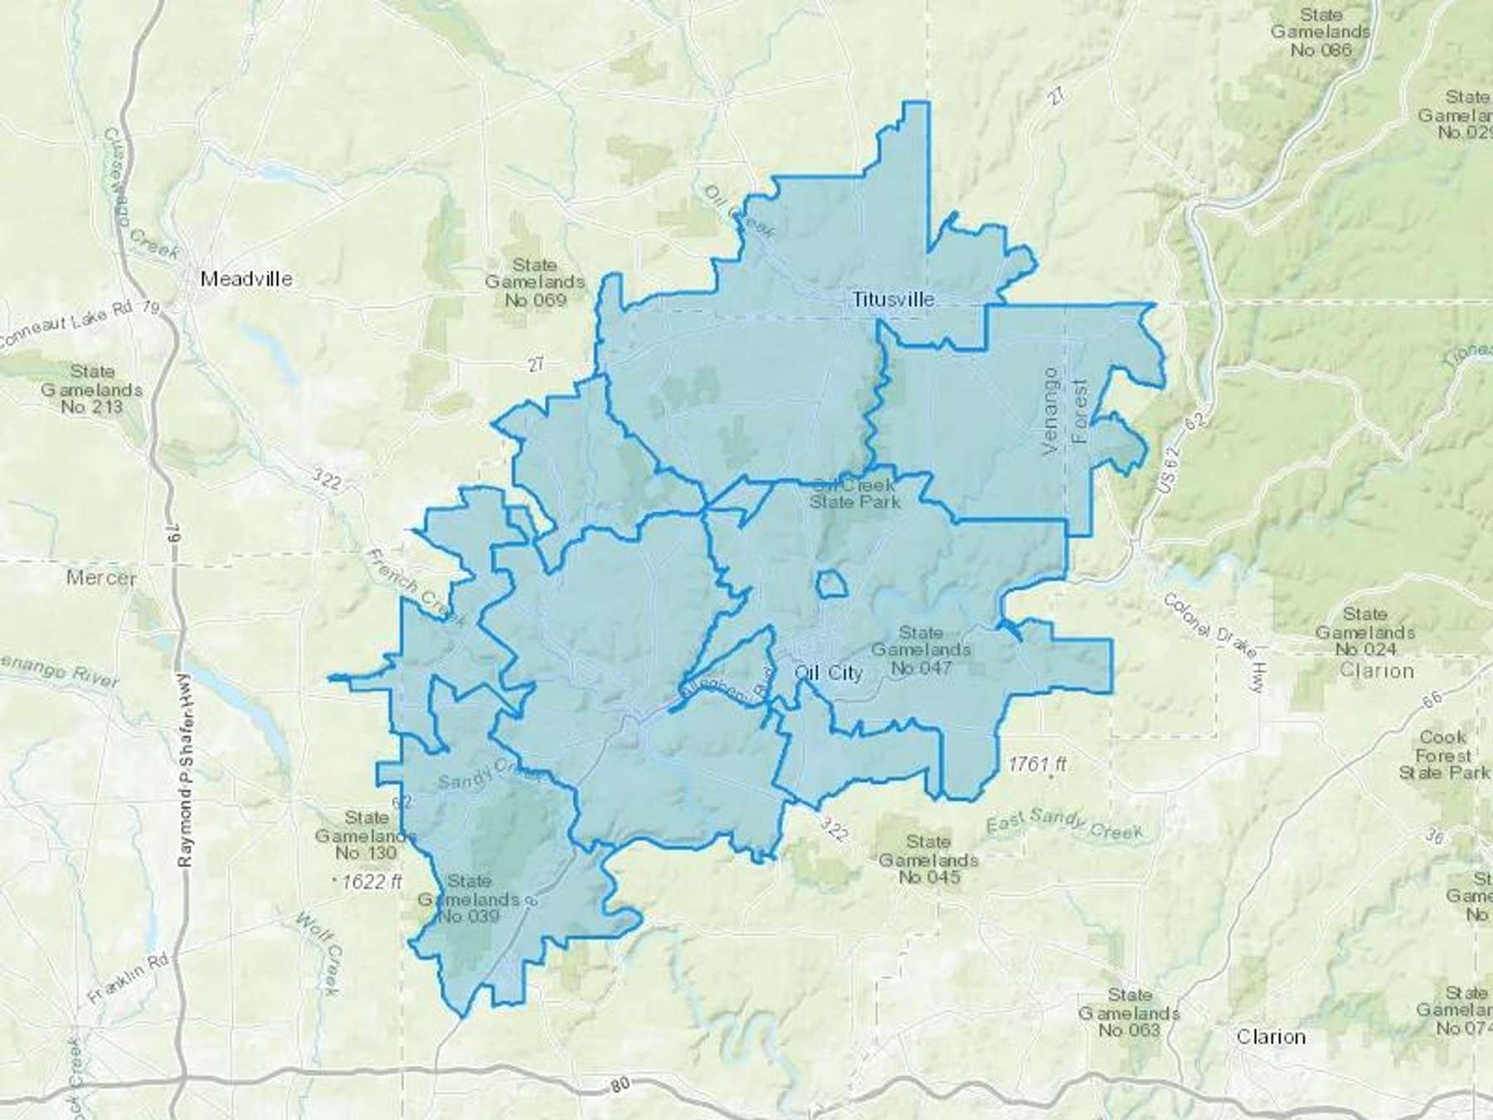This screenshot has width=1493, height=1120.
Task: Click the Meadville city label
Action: point(246,279)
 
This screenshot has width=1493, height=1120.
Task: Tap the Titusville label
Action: point(893,299)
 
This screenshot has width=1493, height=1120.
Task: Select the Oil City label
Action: point(829,673)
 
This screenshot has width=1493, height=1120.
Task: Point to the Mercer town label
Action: point(101,577)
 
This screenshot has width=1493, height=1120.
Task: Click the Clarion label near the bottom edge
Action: point(1271,1037)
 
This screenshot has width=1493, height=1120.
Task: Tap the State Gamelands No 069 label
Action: point(535,282)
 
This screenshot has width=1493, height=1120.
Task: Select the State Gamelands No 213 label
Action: point(92,389)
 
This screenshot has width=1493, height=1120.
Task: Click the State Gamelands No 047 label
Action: point(921,650)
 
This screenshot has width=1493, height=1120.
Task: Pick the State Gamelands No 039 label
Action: point(469,898)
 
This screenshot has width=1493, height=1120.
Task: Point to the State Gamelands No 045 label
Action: point(928,859)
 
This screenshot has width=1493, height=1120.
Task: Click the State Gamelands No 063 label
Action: point(1129,1012)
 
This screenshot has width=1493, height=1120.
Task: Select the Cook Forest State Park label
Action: point(1444,754)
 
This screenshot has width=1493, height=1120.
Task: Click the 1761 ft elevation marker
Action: point(1038,764)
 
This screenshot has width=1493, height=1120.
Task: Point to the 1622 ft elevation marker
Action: point(371,881)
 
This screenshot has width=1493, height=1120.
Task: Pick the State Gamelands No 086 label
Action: point(1320,32)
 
